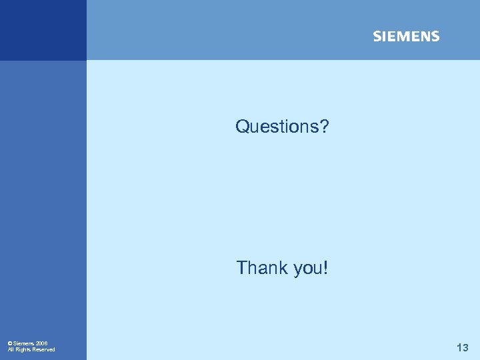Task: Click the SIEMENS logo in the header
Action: click(x=406, y=37)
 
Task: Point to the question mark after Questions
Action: click(x=324, y=126)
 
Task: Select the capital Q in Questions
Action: click(x=242, y=126)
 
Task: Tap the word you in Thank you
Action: click(x=307, y=269)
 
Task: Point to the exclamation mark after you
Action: click(x=326, y=268)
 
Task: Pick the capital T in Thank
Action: click(x=241, y=268)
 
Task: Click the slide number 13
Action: click(x=462, y=347)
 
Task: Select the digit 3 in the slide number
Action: click(x=465, y=347)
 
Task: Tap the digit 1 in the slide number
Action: click(x=459, y=347)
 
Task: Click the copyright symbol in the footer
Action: click(x=10, y=343)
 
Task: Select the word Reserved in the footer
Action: click(x=44, y=349)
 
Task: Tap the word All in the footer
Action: click(x=11, y=349)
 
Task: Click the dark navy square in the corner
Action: click(x=43, y=30)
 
